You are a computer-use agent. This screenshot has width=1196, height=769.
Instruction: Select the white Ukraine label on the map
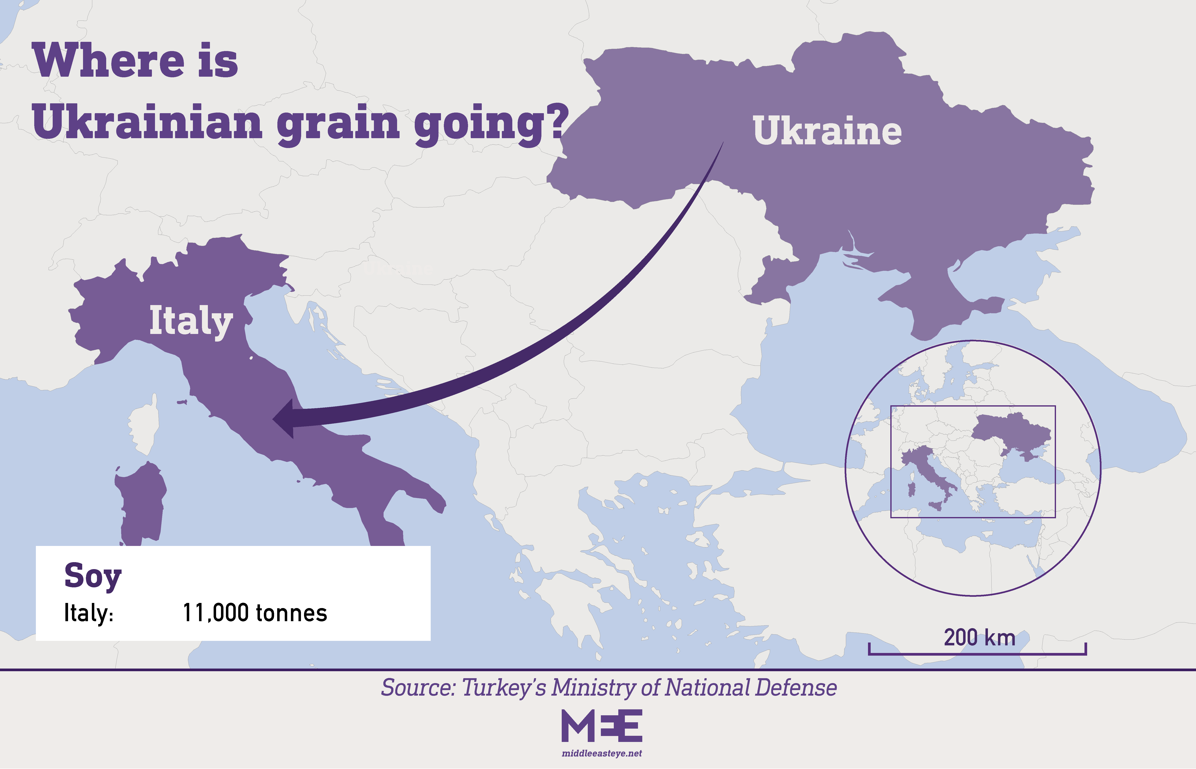click(x=827, y=131)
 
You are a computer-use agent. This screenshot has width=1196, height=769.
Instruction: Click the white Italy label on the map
click(x=191, y=321)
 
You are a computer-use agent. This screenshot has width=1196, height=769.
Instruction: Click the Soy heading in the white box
click(x=93, y=576)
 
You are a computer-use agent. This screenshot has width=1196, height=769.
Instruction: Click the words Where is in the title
click(x=135, y=61)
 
